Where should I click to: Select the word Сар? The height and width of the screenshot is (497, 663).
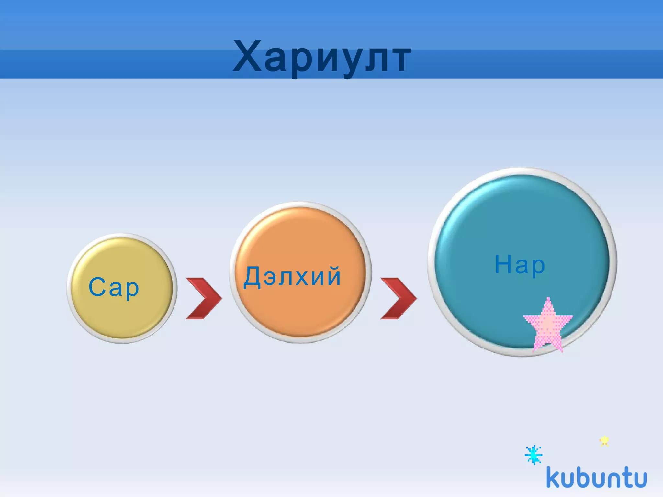[114, 287]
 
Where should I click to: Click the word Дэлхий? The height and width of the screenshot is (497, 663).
[292, 277]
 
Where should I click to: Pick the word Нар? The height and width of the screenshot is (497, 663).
[520, 265]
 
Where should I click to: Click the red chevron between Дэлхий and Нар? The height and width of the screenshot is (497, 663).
[399, 298]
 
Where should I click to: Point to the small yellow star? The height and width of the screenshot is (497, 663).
[604, 441]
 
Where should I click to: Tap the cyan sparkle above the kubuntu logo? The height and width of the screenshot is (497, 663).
[534, 455]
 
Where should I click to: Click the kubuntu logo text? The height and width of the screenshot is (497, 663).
[596, 478]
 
